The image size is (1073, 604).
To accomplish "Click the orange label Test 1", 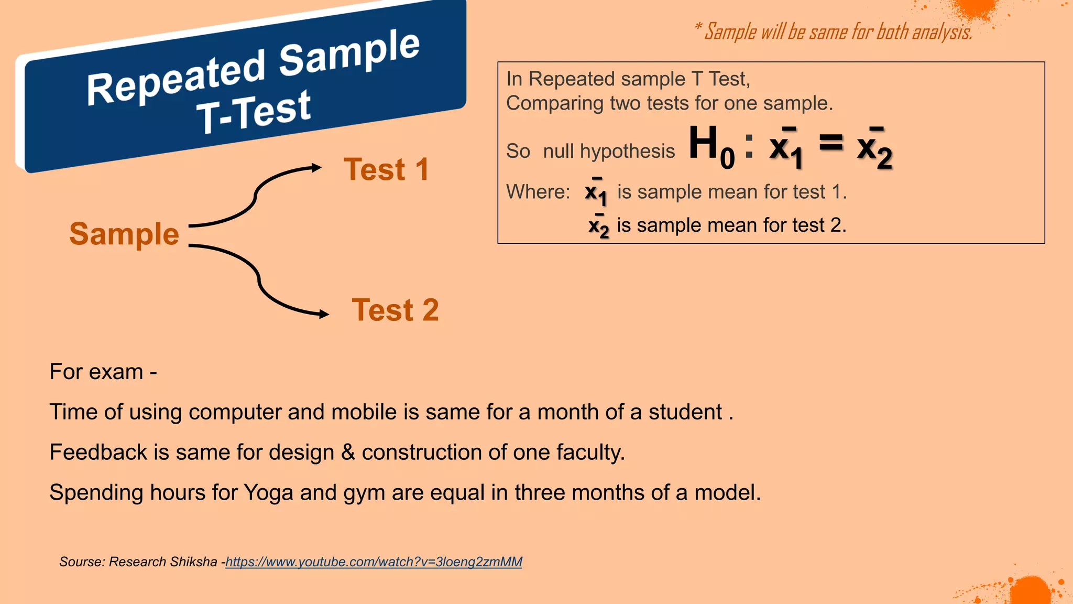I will point(386,170).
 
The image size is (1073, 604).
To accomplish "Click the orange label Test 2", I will point(395,310).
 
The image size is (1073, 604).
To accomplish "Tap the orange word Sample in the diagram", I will point(124,234).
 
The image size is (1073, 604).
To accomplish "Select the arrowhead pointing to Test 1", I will point(316,168).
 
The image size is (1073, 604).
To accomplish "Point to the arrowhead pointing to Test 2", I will point(324,314).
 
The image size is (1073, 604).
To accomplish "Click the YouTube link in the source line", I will point(374,562).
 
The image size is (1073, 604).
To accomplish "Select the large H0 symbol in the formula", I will point(710,146).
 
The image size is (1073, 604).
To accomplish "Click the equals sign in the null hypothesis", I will point(831,143).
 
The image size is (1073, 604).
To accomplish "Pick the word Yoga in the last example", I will point(268,493).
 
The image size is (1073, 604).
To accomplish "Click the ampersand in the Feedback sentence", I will point(348,452).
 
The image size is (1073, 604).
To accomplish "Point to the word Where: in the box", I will point(538,192).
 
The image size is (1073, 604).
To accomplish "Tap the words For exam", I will point(96,372).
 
